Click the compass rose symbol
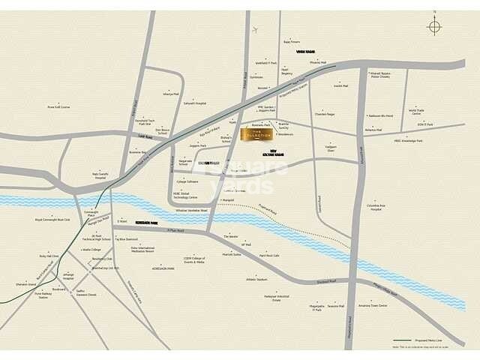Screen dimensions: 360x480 (434, 27)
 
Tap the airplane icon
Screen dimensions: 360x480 (256, 29)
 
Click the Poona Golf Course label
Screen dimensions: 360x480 (58, 106)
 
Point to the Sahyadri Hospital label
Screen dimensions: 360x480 (195, 103)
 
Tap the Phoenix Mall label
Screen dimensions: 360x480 (318, 63)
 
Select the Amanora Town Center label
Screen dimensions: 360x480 (373, 306)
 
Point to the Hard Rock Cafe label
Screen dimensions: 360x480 (268, 256)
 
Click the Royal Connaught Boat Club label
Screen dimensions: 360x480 (52, 220)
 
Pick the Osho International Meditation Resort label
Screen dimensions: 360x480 (142, 250)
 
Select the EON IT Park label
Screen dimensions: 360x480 (426, 124)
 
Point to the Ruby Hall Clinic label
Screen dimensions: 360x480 (49, 256)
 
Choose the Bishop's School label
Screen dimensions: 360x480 (226, 139)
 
